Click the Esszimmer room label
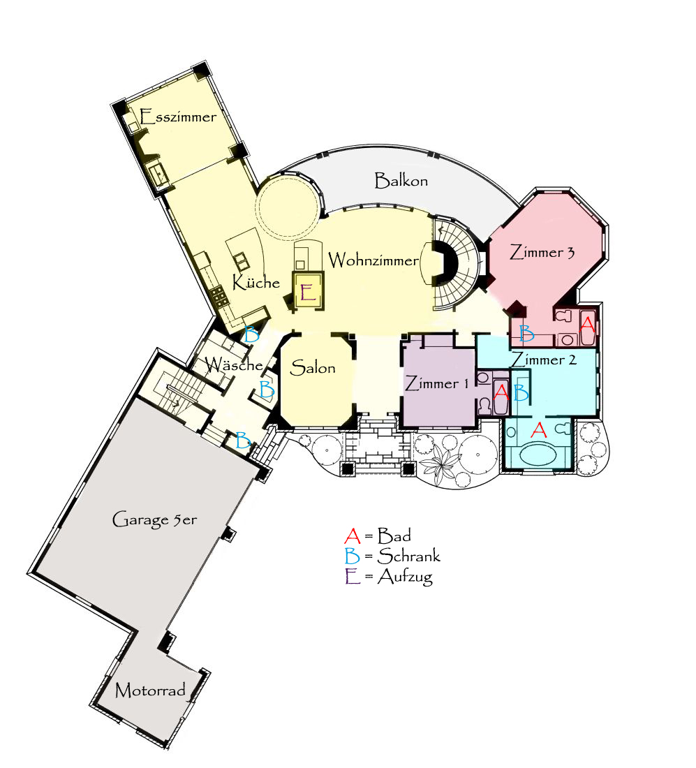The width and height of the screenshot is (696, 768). pyautogui.click(x=178, y=117)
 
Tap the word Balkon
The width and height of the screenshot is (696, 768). pyautogui.click(x=401, y=181)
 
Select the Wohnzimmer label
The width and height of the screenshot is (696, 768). pyautogui.click(x=373, y=260)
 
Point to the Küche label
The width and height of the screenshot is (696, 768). pyautogui.click(x=256, y=281)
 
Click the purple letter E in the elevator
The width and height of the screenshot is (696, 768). pyautogui.click(x=308, y=293)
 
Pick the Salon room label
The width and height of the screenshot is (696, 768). pyautogui.click(x=313, y=367)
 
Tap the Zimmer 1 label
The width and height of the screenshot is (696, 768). pyautogui.click(x=437, y=383)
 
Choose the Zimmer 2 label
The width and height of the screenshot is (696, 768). pyautogui.click(x=544, y=360)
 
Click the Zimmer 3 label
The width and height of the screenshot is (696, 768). pyautogui.click(x=542, y=252)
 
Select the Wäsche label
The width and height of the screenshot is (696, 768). pyautogui.click(x=234, y=365)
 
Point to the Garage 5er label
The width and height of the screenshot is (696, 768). pyautogui.click(x=154, y=519)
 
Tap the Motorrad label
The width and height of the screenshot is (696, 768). pyautogui.click(x=150, y=690)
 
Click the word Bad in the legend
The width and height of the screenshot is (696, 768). pyautogui.click(x=394, y=536)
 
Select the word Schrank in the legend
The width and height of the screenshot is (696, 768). pyautogui.click(x=409, y=556)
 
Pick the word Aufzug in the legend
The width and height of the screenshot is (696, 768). pyautogui.click(x=405, y=577)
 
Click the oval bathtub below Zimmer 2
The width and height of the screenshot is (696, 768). pyautogui.click(x=538, y=454)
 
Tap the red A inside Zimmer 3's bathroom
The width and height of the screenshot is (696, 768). pyautogui.click(x=587, y=324)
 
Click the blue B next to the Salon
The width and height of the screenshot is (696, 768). pyautogui.click(x=267, y=390)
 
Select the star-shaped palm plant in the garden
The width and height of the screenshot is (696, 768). pyautogui.click(x=440, y=463)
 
